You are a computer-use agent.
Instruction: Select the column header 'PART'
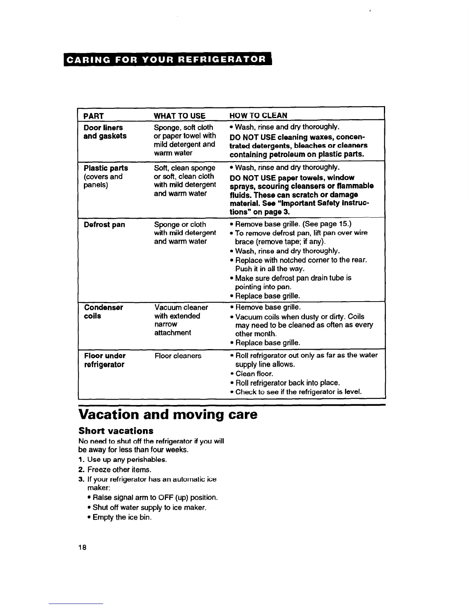pos(93,116)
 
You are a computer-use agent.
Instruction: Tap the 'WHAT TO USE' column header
pos(179,116)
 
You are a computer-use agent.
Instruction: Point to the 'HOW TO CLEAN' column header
pos(258,115)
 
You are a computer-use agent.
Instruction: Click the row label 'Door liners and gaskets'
pos(105,132)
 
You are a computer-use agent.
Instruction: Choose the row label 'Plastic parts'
pos(106,168)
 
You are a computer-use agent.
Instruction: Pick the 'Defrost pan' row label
pos(104,225)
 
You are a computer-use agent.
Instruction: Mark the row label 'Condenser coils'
pos(103,312)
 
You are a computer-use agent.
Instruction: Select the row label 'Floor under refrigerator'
pos(105,360)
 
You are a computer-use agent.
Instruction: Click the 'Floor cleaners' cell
pos(178,356)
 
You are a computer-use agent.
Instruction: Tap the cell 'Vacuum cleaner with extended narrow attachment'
pos(181,320)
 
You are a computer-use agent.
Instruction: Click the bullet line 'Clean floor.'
pos(254,374)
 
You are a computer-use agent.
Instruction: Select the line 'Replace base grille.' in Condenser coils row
pos(267,343)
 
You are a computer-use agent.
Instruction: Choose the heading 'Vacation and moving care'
pos(168,415)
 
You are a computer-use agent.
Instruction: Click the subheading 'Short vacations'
pos(116,430)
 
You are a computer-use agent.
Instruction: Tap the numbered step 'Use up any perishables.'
pos(126,459)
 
